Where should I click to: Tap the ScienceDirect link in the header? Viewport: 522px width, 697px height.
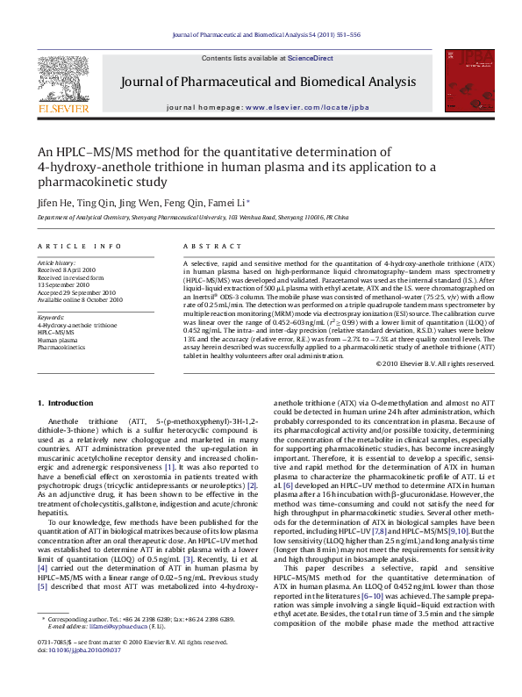[x=311, y=58]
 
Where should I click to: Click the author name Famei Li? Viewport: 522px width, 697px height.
[x=228, y=202]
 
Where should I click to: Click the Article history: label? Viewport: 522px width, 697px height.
[x=57, y=263]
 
